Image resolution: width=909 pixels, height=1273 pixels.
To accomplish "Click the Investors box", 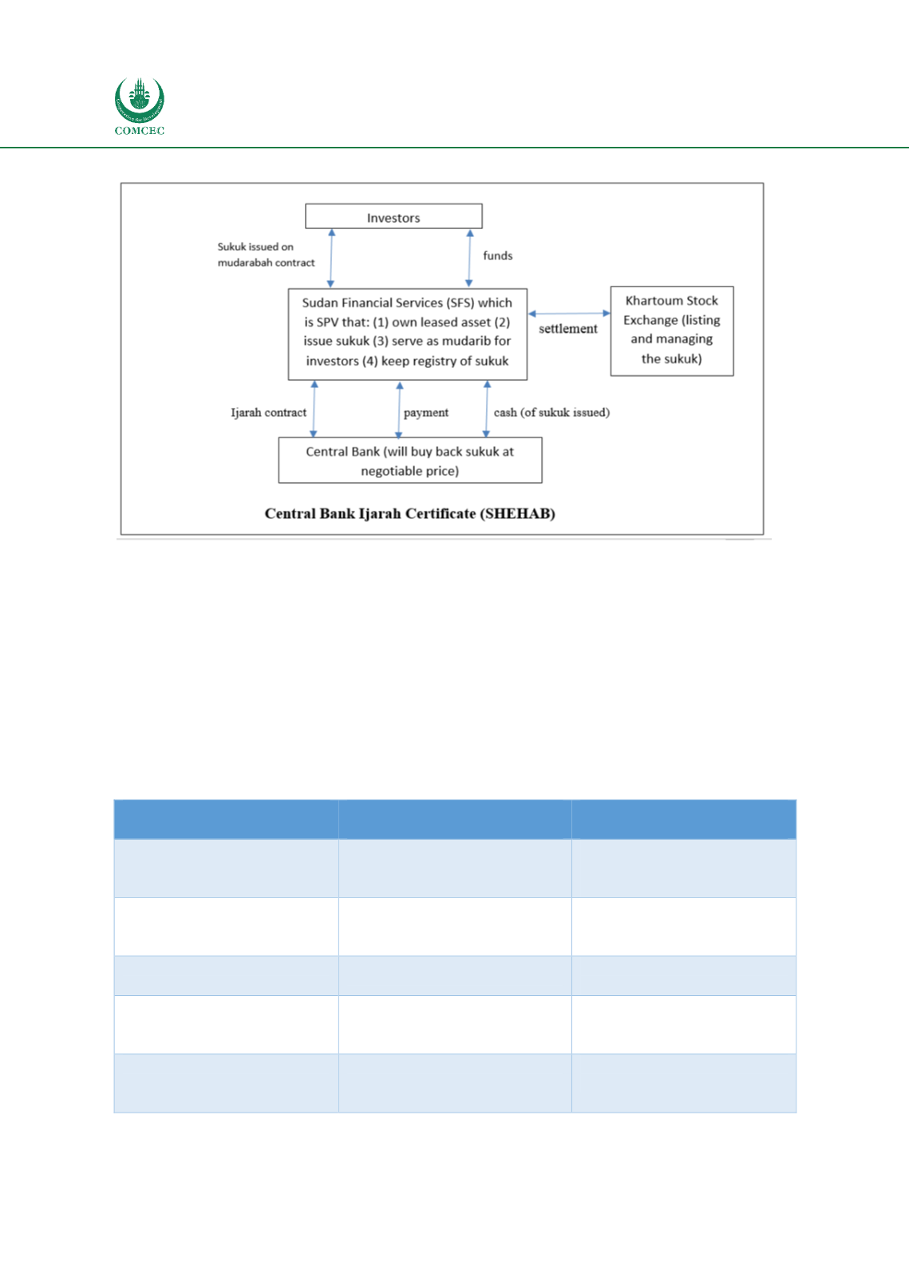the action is pos(393,216).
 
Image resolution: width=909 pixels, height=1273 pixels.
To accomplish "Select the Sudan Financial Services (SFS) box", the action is pos(407,334).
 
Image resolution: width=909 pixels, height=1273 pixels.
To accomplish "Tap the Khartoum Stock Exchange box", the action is pos(672,330).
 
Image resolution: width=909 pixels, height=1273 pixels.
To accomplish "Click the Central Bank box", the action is pos(410,461).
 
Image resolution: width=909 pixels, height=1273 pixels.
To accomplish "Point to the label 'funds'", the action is pos(498,255).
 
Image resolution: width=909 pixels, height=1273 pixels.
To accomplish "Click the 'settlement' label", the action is pos(568,329).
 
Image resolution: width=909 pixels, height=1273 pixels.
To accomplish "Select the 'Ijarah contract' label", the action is pos(268,413).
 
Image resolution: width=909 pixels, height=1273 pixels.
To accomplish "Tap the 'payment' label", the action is pos(426,413).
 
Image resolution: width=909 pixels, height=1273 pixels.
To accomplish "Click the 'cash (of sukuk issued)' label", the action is pos(551,413).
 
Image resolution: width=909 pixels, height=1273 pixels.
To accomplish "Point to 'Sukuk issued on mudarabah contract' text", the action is pos(266,255).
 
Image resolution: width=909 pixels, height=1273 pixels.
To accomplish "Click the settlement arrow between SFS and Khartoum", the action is pos(569,313).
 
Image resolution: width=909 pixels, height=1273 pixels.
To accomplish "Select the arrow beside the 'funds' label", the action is pos(469,258).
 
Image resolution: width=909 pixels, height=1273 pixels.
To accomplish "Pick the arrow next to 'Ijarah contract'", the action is pos(314,409).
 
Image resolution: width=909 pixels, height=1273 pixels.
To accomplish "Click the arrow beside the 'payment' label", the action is pos(399,410).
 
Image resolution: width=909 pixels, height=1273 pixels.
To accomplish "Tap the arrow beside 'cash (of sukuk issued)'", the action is pos(487,409).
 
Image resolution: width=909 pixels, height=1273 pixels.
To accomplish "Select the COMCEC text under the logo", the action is pos(140,131).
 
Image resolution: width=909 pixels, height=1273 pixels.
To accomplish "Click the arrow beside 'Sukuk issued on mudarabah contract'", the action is pos(331,258).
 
